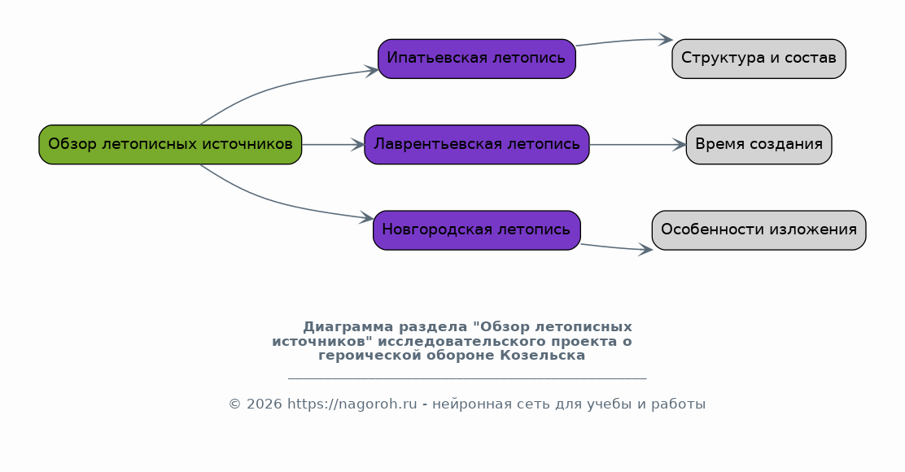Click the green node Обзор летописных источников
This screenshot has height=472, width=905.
(x=170, y=144)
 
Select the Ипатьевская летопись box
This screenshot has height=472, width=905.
(x=477, y=59)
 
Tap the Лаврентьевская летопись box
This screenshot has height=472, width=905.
(x=477, y=144)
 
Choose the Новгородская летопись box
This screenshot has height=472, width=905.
(x=477, y=230)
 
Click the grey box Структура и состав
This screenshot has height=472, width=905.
(x=759, y=59)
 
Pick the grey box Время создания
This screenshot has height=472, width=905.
(x=759, y=144)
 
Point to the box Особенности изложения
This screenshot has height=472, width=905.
(x=759, y=230)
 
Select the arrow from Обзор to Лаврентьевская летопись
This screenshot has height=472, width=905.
(x=333, y=144)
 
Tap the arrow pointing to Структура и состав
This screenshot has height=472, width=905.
(x=624, y=41)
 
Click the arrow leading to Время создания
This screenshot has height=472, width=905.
(x=638, y=144)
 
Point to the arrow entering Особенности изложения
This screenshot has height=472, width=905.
(x=616, y=247)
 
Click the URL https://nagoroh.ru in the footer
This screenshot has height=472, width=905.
(x=352, y=404)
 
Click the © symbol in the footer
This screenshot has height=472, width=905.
(x=235, y=404)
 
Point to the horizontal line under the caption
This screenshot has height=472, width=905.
(x=467, y=378)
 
